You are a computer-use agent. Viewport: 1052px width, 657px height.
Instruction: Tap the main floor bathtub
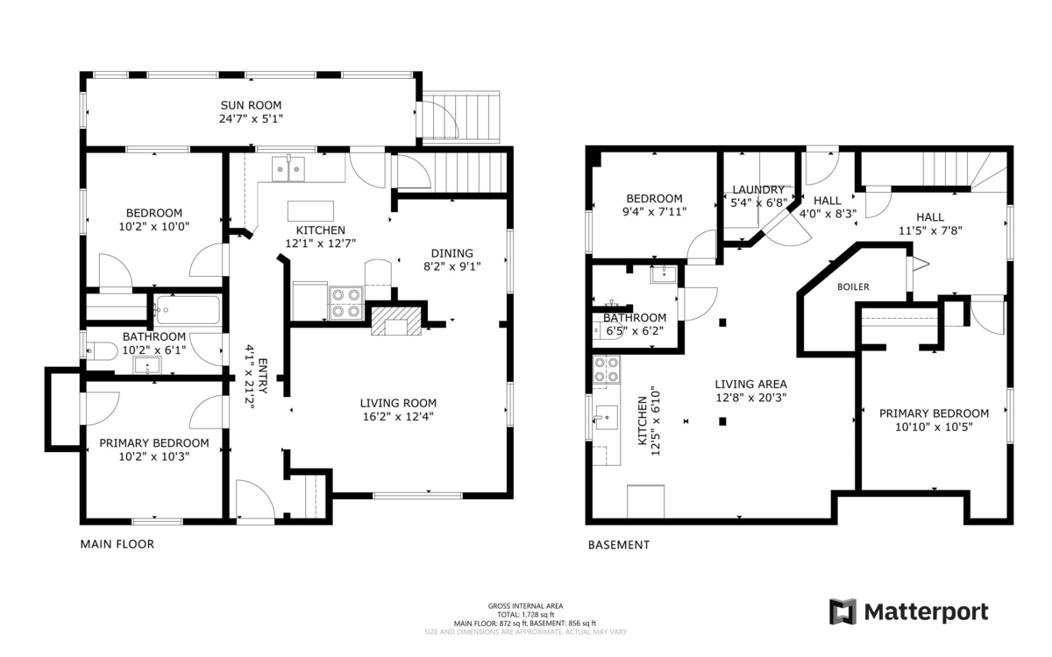188,309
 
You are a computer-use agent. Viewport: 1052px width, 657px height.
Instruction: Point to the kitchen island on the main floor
310,211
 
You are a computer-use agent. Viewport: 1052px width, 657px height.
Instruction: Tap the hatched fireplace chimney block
396,320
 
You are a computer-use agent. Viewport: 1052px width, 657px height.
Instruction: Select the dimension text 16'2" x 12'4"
397,417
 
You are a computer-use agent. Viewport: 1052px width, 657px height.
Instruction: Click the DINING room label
451,253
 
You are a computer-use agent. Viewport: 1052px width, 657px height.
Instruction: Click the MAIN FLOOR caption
117,544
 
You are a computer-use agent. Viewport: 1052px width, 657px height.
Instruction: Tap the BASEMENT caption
618,545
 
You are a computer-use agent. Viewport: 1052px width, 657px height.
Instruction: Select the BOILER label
853,286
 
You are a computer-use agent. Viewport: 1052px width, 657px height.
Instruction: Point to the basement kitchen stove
606,371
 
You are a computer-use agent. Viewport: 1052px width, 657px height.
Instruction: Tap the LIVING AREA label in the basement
750,384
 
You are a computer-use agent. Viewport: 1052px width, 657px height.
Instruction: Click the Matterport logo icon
842,611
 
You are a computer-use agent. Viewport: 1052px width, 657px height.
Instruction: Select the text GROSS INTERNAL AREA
525,605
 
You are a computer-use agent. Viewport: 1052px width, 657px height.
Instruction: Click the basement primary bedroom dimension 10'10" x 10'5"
935,427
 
